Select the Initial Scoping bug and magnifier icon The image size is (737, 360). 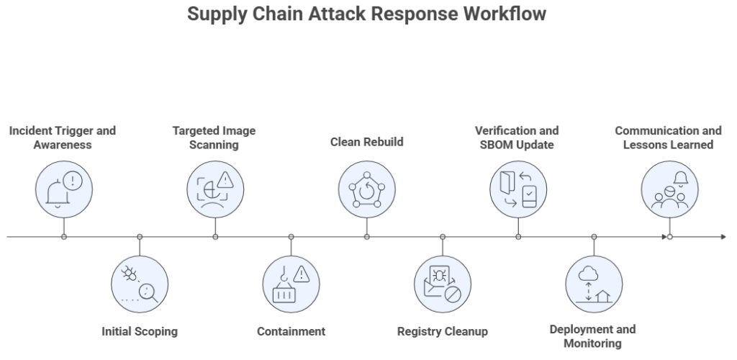[140, 283]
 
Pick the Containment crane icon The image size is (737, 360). [291, 283]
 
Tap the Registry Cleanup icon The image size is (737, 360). [443, 283]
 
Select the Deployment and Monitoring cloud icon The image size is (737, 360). [594, 283]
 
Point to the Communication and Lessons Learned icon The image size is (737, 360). [669, 189]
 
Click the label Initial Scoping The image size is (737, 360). [140, 332]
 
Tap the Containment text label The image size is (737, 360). [291, 332]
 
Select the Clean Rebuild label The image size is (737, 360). [367, 142]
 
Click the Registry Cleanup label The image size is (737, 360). [443, 332]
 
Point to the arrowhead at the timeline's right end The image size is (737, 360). [723, 236]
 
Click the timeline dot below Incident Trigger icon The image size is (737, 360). [64, 236]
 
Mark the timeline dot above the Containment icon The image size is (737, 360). [291, 236]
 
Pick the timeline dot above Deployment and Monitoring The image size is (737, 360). [594, 236]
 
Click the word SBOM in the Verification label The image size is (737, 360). [498, 144]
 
